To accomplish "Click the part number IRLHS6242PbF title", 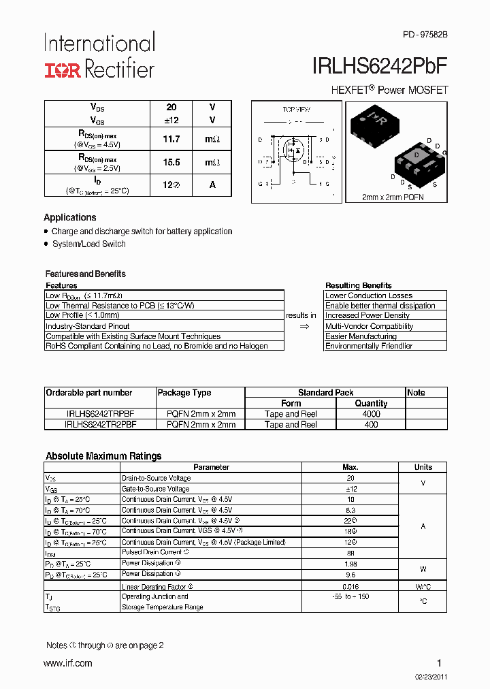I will pyautogui.click(x=380, y=66).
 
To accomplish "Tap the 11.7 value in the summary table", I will pyautogui.click(x=171, y=139).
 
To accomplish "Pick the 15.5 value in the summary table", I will pyautogui.click(x=171, y=163).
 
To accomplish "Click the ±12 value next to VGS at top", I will pyautogui.click(x=171, y=119).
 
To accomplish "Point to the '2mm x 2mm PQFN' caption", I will pyautogui.click(x=394, y=197).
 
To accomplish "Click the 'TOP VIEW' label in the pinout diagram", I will pyautogui.click(x=296, y=109).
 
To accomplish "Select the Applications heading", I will pyautogui.click(x=70, y=217).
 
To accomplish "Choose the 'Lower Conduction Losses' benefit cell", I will pyautogui.click(x=369, y=295).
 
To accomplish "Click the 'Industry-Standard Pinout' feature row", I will pyautogui.click(x=87, y=326).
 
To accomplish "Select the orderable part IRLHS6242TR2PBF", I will pyautogui.click(x=100, y=424).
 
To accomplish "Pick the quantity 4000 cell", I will pyautogui.click(x=371, y=414).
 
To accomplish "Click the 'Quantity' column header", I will pyautogui.click(x=371, y=403).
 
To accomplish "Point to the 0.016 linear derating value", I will pyautogui.click(x=351, y=586).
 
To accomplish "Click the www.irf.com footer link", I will pyautogui.click(x=68, y=663).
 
